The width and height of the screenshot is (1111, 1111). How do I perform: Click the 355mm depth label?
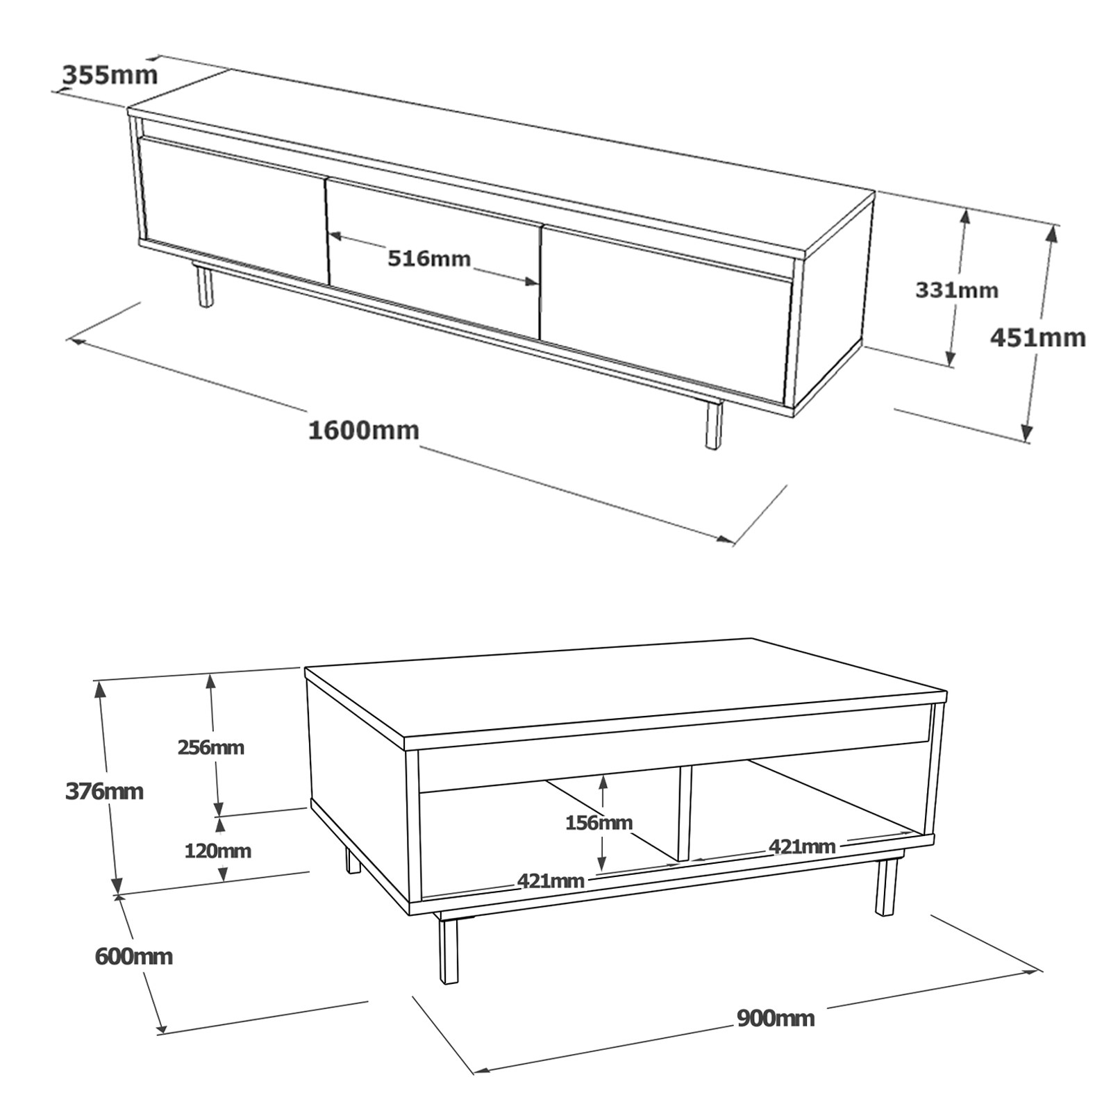click(x=110, y=74)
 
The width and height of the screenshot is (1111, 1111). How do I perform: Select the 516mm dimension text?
click(x=429, y=259)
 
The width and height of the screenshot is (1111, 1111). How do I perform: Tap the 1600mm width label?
click(x=364, y=431)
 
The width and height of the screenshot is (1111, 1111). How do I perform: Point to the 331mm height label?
click(x=957, y=290)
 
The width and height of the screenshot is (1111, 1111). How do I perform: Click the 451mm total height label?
click(x=1038, y=337)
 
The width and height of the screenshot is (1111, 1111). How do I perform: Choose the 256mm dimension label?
click(x=211, y=747)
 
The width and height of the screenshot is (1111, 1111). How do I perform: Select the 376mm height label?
click(x=104, y=791)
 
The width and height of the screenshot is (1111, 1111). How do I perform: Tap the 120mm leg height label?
click(x=217, y=850)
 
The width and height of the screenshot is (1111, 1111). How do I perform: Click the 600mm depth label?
click(x=133, y=956)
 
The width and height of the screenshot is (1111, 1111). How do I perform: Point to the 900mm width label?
click(x=776, y=1018)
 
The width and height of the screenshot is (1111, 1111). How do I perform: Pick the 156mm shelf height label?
click(x=599, y=823)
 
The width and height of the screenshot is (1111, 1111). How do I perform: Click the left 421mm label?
click(x=551, y=880)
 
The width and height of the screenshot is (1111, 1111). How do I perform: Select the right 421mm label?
click(x=802, y=846)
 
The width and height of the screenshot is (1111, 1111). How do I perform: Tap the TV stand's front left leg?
click(x=204, y=285)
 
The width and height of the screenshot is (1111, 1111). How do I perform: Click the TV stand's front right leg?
click(x=714, y=424)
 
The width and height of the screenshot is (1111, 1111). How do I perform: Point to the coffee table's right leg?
click(x=885, y=888)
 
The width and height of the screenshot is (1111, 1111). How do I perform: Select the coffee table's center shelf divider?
click(x=685, y=813)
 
